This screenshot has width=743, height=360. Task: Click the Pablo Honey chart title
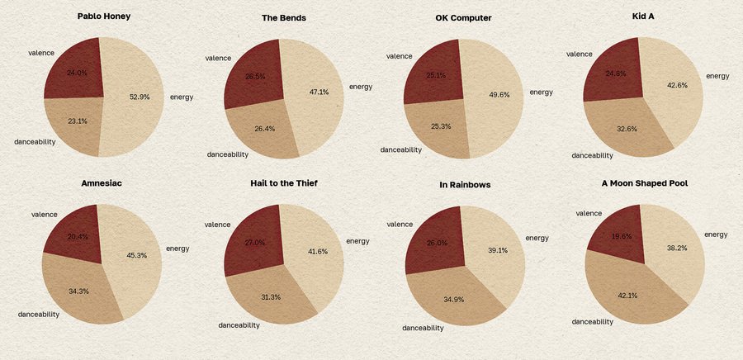point(103,16)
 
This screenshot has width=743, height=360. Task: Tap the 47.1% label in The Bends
point(319,92)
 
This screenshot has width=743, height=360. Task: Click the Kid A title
point(643,16)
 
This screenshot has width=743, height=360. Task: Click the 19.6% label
point(620,235)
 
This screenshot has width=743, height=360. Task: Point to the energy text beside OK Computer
point(541,92)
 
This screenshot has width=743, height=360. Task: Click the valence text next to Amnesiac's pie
point(44,215)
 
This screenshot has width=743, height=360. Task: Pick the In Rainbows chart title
point(465,184)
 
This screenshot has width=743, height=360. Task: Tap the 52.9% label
point(140,97)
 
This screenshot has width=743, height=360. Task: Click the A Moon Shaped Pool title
point(645,182)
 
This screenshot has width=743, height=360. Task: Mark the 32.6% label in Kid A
point(627,129)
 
